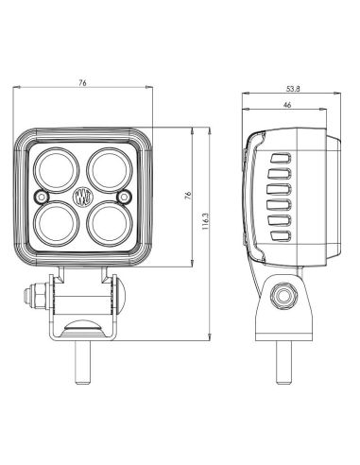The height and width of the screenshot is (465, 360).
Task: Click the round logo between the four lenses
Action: (80, 197)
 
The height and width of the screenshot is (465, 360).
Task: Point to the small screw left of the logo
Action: (40, 196)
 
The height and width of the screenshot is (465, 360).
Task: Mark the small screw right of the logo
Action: (122, 196)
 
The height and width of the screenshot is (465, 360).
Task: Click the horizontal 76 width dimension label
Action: (83, 83)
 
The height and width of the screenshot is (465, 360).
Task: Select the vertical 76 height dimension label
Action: (189, 196)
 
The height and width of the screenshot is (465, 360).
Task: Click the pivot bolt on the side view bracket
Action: (280, 296)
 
